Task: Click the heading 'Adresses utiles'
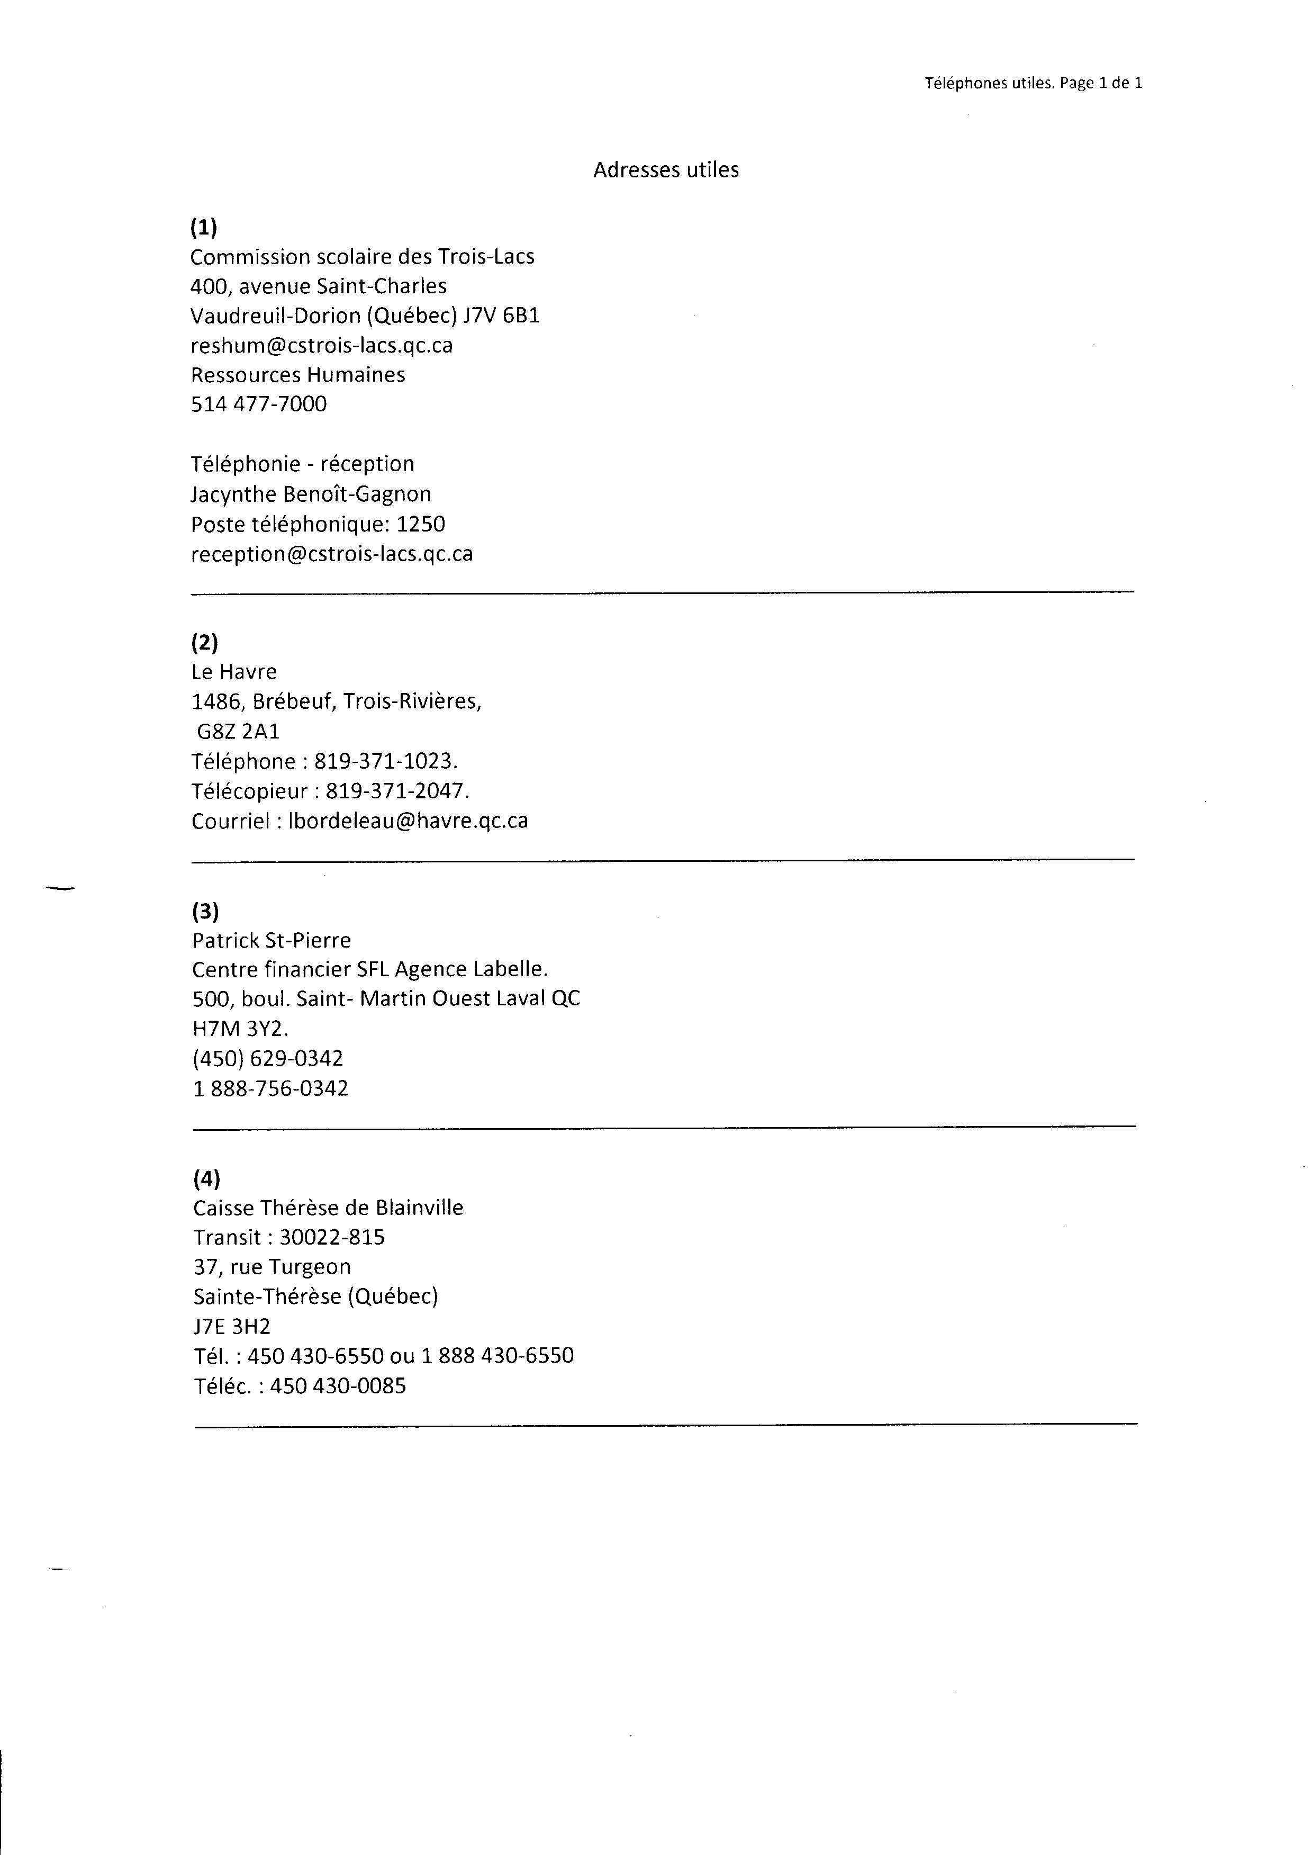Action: [666, 169]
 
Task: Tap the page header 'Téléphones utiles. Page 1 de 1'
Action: [1033, 83]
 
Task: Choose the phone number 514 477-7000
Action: [258, 404]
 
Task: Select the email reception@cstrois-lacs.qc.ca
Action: [331, 554]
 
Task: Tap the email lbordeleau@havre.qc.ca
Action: [409, 821]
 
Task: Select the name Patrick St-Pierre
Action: [272, 940]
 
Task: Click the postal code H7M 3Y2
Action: [239, 1029]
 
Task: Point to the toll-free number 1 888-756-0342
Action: [270, 1088]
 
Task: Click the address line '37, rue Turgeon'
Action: [272, 1267]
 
